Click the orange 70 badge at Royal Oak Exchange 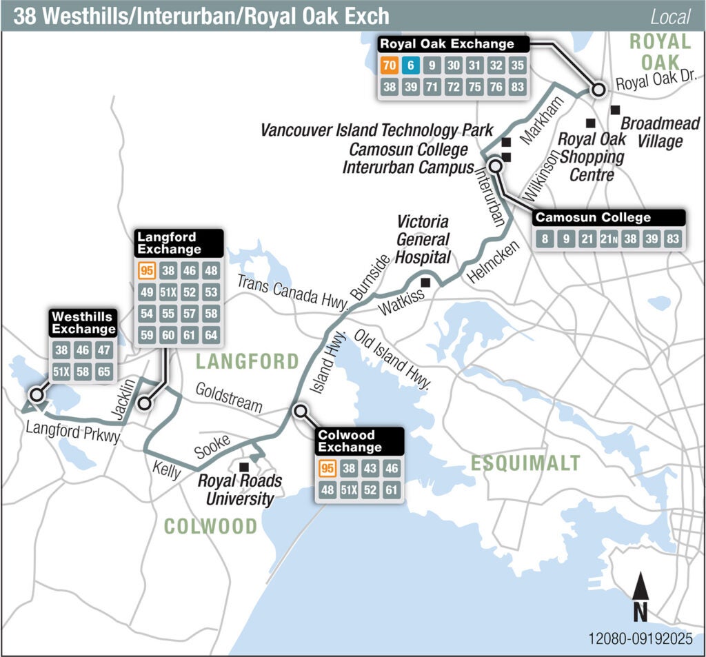coord(388,66)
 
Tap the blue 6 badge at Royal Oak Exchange coord(411,66)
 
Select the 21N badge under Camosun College coord(608,239)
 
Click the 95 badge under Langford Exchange coord(145,271)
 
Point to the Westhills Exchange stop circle coord(36,395)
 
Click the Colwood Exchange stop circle coord(300,412)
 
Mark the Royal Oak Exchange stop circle coord(598,89)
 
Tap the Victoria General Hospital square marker coord(425,281)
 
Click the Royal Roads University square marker coord(243,467)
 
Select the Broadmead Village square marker coord(615,110)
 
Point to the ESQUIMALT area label coord(525,463)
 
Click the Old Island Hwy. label coord(392,359)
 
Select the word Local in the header coord(670,17)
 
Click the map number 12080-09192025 coord(640,638)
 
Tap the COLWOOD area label coord(210,527)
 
